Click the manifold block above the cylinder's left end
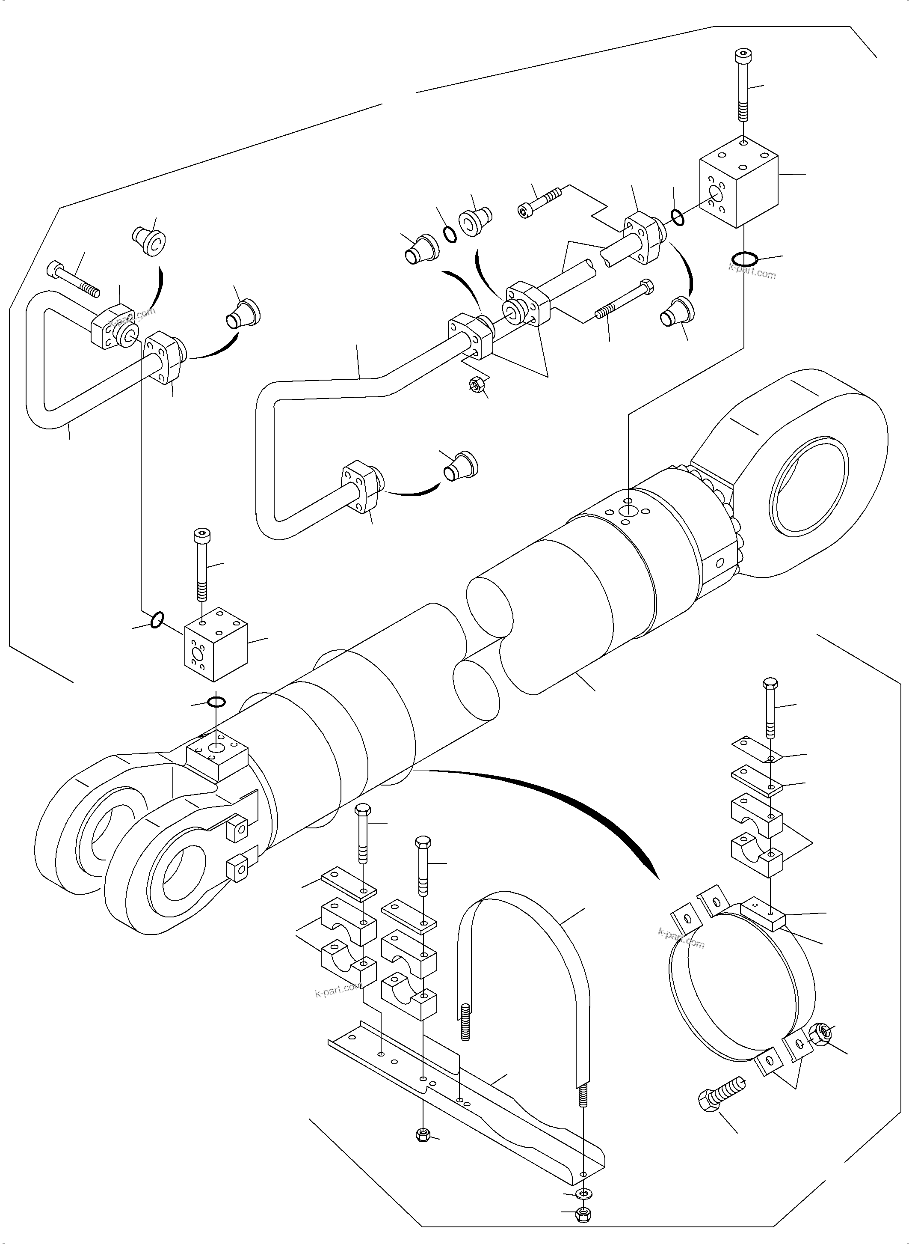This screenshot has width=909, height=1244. [x=215, y=644]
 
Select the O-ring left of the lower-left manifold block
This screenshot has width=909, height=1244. [x=157, y=619]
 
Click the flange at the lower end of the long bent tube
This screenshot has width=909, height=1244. [x=361, y=487]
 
